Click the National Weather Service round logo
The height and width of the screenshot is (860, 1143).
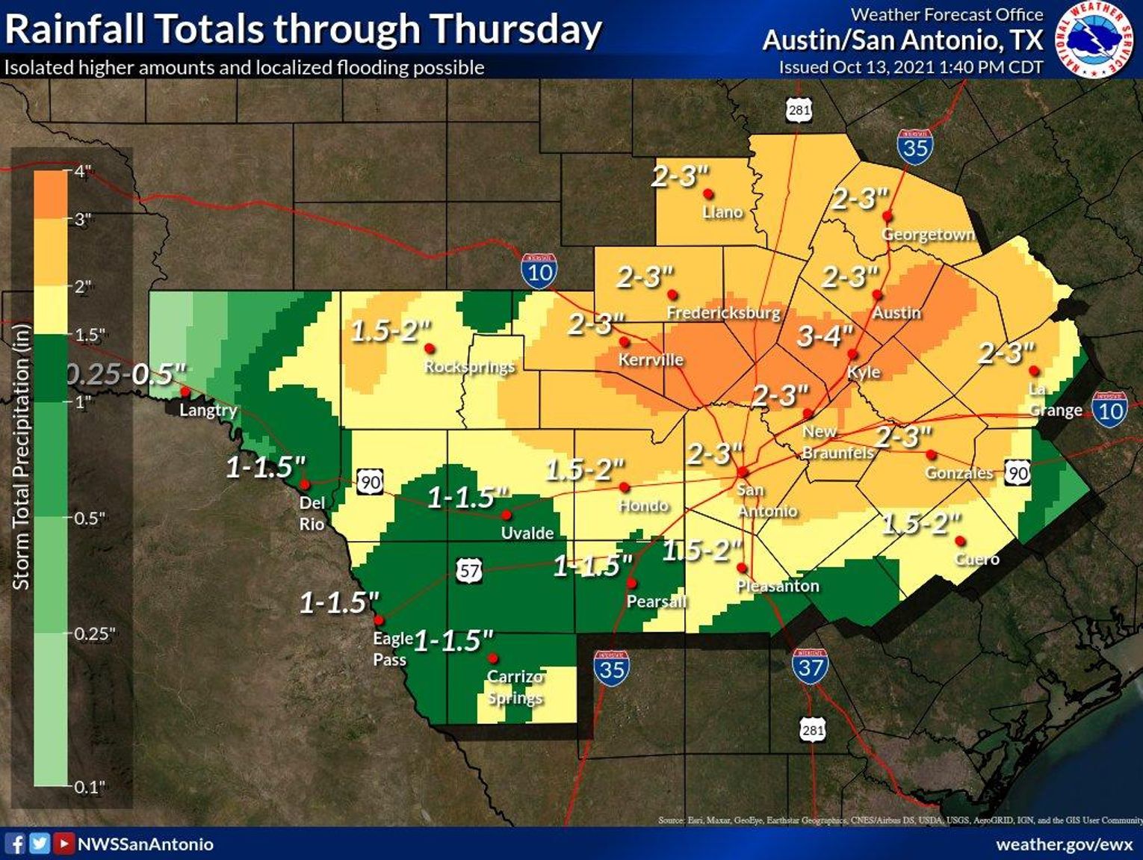pos(1094,38)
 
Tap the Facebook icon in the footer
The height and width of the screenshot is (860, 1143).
pos(15,844)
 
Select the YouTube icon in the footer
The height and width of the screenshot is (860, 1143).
pos(64,844)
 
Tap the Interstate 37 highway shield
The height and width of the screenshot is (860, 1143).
pos(810,666)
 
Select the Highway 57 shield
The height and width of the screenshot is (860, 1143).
pos(469,572)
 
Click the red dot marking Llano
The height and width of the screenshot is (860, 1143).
pos(708,194)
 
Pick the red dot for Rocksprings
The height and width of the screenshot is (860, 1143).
pos(430,348)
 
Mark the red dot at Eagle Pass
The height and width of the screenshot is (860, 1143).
pos(379,620)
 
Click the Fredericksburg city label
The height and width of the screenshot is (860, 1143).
pos(723,312)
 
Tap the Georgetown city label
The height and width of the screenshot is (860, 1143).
pos(928,235)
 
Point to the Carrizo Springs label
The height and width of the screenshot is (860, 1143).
pos(515,687)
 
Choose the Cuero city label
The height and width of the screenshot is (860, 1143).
pos(976,559)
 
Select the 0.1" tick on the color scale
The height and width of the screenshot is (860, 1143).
pos(89,786)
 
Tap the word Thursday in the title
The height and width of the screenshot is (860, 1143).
pos(516,30)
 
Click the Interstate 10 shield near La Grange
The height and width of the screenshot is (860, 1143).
pos(1109,409)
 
